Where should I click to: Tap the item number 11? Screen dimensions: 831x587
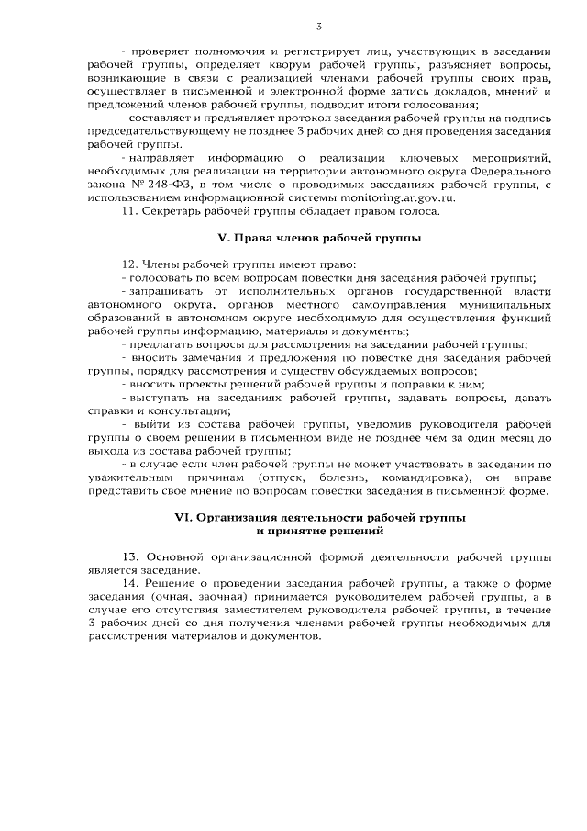[128, 211]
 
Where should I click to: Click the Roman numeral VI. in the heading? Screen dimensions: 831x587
[183, 518]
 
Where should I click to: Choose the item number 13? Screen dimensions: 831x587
[128, 558]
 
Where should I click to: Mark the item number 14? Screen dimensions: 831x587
[128, 585]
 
